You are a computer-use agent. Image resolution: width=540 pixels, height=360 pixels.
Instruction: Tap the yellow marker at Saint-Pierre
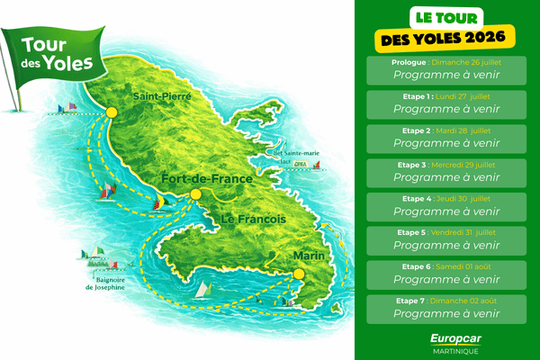[x=112, y=112]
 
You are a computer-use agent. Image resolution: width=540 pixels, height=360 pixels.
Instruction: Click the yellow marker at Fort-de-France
[x=195, y=193]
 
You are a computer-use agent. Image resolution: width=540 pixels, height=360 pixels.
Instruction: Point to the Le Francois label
[x=254, y=219]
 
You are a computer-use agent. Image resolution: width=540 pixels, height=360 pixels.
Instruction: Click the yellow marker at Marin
[x=300, y=268]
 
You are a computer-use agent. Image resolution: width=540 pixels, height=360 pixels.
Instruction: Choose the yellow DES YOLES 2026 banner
[x=446, y=38]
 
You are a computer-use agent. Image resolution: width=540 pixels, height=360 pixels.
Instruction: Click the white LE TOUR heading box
[x=446, y=15]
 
